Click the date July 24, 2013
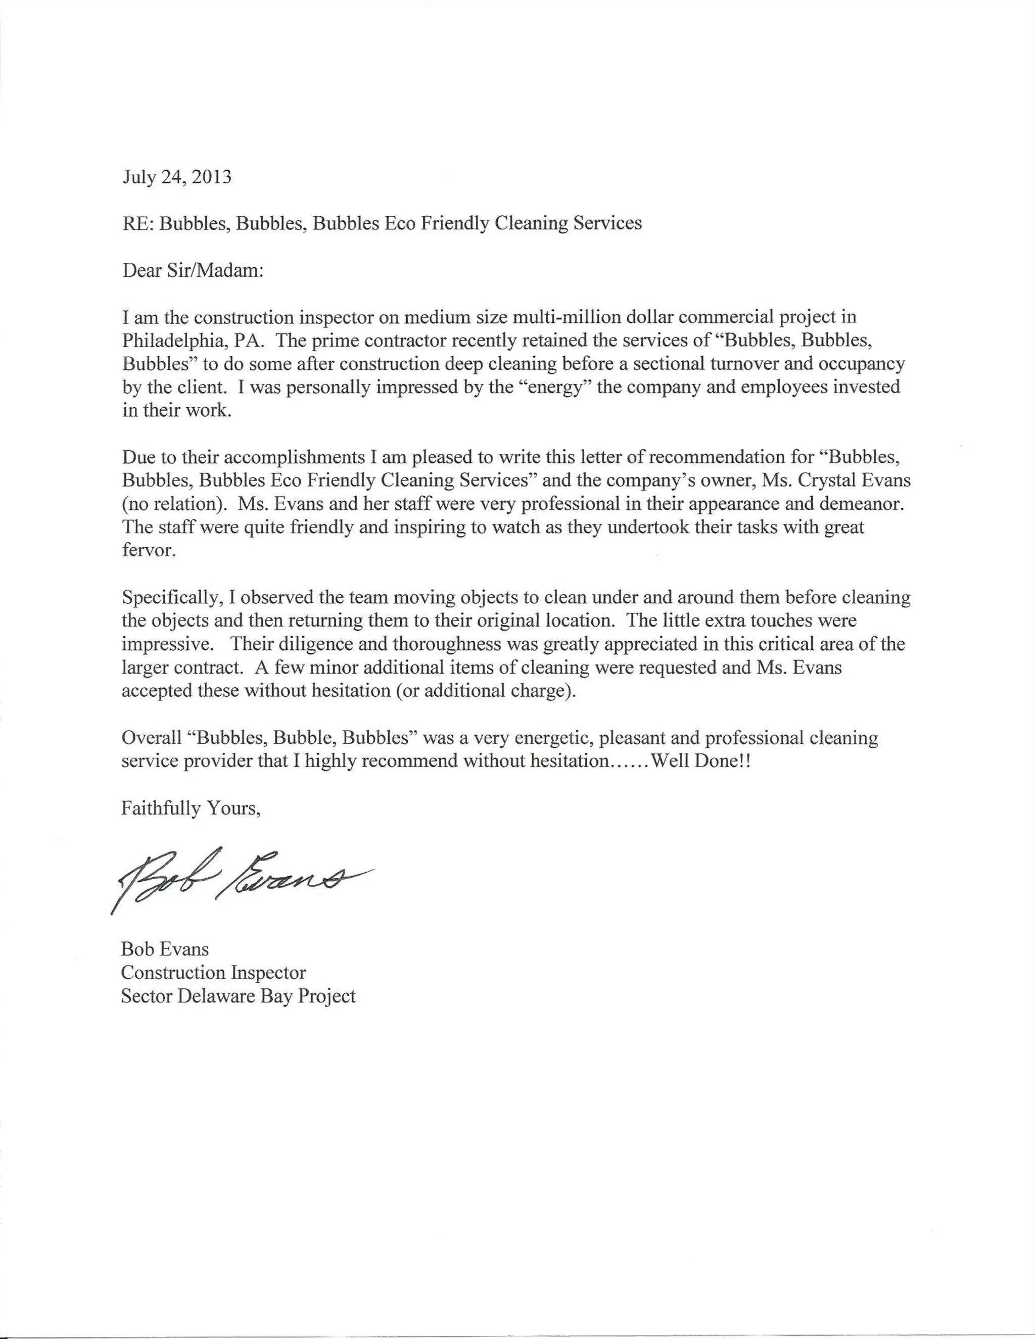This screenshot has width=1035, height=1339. pos(176,177)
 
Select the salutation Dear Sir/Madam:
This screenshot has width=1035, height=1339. pos(193,270)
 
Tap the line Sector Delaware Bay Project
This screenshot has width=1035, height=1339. pos(238,996)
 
